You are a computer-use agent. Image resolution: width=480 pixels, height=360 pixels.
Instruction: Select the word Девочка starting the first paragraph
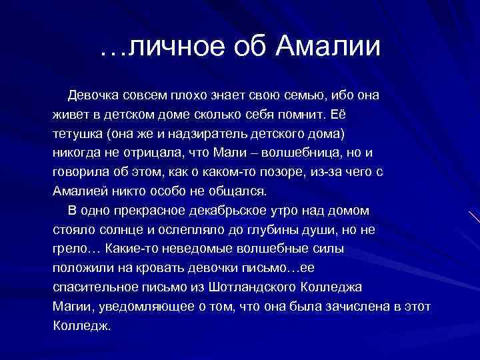click(95, 95)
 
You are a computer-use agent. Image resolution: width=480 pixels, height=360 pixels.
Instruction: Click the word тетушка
click(75, 133)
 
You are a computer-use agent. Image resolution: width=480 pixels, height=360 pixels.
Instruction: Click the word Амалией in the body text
click(80, 191)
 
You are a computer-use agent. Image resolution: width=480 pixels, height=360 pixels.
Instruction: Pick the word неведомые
click(198, 249)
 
